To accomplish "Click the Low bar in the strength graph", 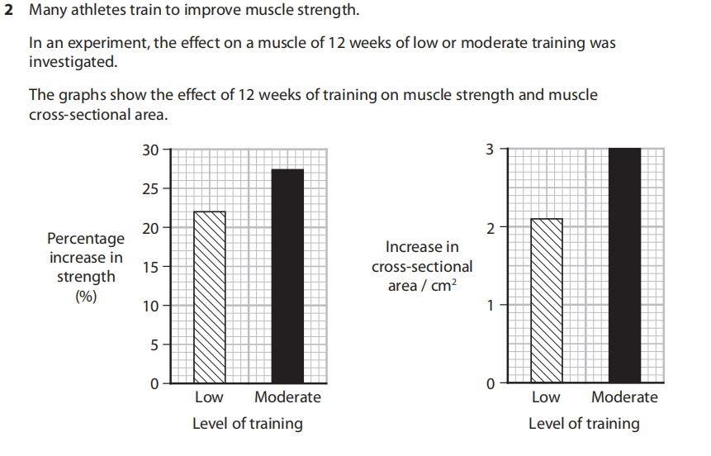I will coord(209,297).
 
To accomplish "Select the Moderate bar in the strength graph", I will coord(287,276).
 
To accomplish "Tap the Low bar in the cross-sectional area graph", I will coord(546,301).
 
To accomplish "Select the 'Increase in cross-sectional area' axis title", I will coord(422,266).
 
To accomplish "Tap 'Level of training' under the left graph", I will coord(247,424).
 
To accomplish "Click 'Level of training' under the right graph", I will coord(584,424).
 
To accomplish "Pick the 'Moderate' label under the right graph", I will coord(624,397).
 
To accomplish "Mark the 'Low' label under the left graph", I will coord(209,397).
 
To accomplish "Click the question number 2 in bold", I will coord(9,13).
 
